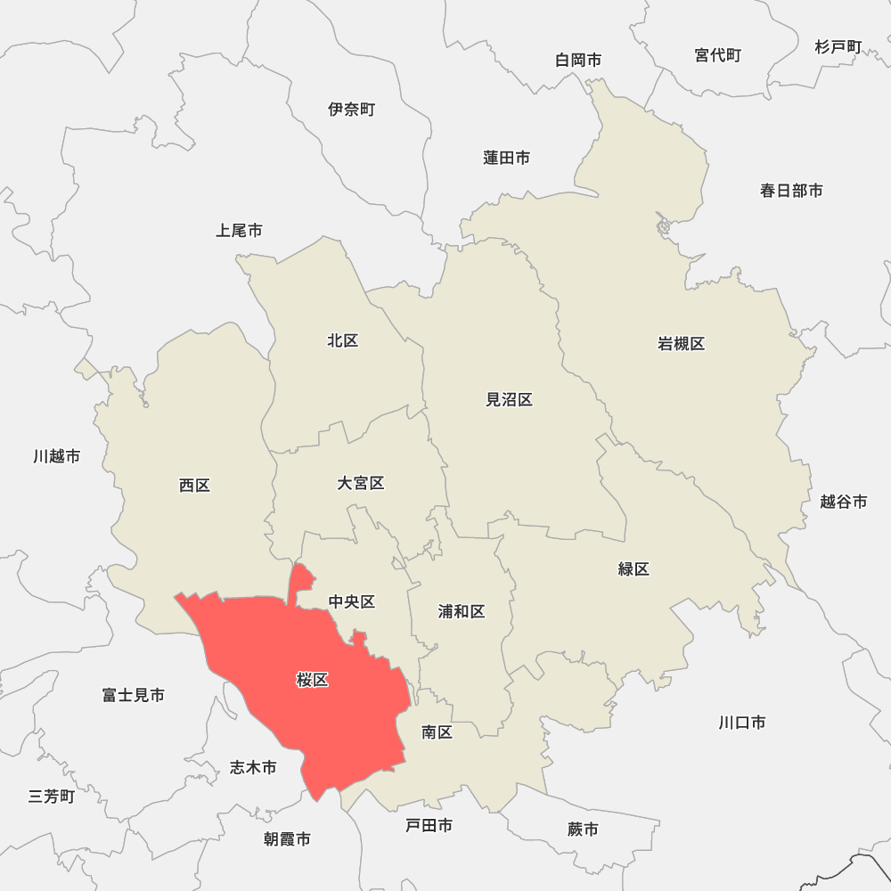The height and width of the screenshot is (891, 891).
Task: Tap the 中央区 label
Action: [x=352, y=602]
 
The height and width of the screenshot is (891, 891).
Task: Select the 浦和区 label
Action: [x=462, y=611]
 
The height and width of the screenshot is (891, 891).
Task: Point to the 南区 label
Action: [x=437, y=732]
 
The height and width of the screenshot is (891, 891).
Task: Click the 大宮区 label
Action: [x=361, y=483]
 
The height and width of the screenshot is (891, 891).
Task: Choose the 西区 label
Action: [x=194, y=486]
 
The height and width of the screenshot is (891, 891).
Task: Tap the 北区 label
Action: [x=343, y=340]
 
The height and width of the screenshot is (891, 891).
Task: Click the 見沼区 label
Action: [x=509, y=400]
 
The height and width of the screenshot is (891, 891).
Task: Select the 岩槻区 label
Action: [x=682, y=344]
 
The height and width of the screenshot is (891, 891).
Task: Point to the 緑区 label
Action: [x=634, y=569]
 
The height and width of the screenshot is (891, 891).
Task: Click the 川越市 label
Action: [x=56, y=456]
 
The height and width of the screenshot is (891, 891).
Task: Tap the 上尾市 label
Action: [x=239, y=231]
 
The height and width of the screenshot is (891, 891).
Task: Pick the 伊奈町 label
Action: [x=352, y=110]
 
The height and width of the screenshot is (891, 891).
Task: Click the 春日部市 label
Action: [x=791, y=190]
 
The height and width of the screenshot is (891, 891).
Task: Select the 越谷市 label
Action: [x=843, y=502]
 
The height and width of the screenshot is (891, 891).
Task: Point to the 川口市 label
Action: [x=742, y=723]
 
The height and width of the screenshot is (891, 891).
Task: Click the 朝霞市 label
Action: [x=287, y=839]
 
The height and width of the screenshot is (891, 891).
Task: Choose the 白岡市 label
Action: [x=578, y=60]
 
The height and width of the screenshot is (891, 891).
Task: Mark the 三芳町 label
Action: [x=52, y=797]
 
